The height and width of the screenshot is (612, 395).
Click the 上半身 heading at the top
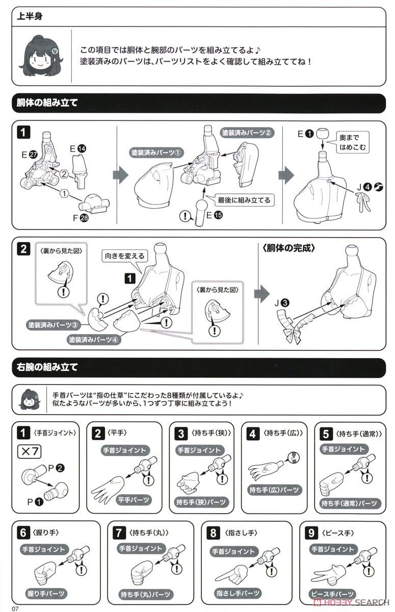pyautogui.click(x=30, y=16)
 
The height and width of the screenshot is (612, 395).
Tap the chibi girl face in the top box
pyautogui.click(x=41, y=57)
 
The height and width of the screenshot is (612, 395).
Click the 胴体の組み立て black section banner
pyautogui.click(x=199, y=103)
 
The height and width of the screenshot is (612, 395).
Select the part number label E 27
pyautogui.click(x=30, y=155)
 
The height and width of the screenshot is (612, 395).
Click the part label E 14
pyautogui.click(x=78, y=148)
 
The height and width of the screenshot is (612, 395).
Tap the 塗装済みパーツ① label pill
pyautogui.click(x=156, y=152)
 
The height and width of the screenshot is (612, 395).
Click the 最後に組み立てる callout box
pyautogui.click(x=244, y=200)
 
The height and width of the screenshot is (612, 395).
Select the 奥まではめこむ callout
pyautogui.click(x=352, y=142)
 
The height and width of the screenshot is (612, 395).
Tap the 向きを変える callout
pyautogui.click(x=124, y=256)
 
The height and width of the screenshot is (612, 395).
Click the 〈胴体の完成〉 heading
pyautogui.click(x=288, y=248)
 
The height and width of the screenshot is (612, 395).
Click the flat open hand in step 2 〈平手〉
pyautogui.click(x=108, y=489)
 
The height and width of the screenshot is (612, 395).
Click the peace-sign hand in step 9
pyautogui.click(x=329, y=573)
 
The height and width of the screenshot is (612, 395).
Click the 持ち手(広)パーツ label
pyautogui.click(x=274, y=490)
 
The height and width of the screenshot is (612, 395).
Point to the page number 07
pyautogui.click(x=15, y=608)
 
